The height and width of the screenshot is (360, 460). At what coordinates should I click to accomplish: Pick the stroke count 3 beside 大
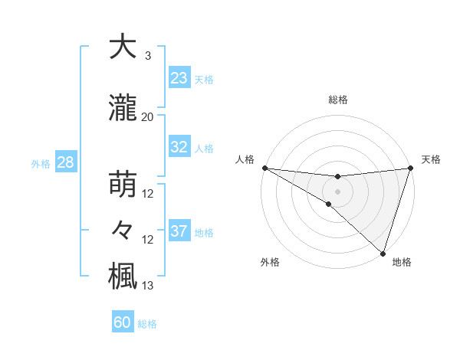(x=147, y=56)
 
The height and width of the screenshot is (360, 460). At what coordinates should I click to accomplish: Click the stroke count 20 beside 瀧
(x=147, y=117)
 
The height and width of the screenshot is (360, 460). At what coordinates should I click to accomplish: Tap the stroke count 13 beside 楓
(x=147, y=286)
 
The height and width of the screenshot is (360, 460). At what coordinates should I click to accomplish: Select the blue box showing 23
(x=179, y=78)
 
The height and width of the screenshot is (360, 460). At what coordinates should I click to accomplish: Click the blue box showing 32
(x=179, y=147)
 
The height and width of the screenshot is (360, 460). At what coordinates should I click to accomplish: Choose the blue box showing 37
(x=179, y=231)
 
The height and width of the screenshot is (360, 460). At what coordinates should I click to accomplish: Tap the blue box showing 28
(x=64, y=162)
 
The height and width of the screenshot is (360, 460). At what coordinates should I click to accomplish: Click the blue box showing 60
(x=123, y=322)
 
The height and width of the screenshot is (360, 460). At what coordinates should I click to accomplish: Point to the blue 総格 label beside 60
(x=147, y=324)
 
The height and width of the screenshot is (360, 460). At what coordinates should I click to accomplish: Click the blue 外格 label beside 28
(x=41, y=164)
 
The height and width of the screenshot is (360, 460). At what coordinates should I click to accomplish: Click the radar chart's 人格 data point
(x=264, y=168)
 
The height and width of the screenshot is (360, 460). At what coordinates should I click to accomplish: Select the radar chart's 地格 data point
(x=383, y=253)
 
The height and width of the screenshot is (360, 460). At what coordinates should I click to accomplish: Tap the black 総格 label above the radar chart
(x=337, y=100)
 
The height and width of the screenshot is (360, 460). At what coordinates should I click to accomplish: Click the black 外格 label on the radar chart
(x=270, y=262)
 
